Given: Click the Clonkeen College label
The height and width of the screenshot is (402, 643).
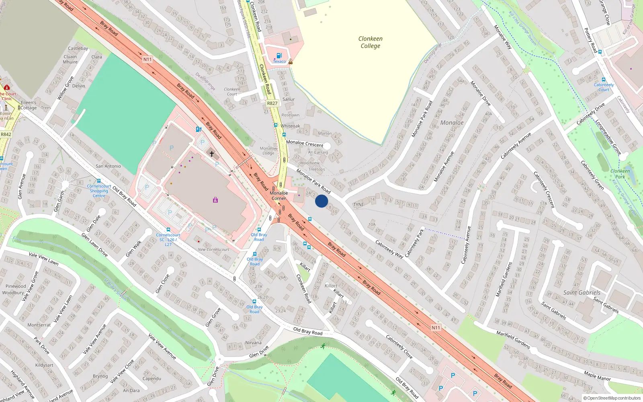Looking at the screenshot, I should pos(370,42).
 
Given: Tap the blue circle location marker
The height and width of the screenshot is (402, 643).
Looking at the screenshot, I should pos(321,201).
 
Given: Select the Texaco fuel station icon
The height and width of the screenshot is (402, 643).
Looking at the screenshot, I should pos(278,55).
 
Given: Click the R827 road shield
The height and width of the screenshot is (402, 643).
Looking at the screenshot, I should pos(272,103).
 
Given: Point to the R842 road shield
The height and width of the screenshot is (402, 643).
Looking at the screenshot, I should pos(6,134).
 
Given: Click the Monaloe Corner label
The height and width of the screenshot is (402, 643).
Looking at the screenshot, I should pos(278,196).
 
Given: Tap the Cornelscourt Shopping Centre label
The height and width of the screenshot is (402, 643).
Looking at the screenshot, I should pos(99,191).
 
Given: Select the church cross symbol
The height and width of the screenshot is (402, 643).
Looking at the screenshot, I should pos(212,154).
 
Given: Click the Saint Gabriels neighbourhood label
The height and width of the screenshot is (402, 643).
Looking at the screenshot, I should pos(582,293).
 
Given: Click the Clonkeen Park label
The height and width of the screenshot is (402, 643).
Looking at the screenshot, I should pos(620,174).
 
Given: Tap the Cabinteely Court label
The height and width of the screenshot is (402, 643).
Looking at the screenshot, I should pos(604,87).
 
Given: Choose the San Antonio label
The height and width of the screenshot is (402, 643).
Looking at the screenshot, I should pos(108,166).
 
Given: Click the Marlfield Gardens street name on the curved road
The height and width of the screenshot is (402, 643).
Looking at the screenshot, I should pos(513,340).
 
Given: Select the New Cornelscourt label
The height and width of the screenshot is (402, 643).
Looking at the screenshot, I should pos(213,249).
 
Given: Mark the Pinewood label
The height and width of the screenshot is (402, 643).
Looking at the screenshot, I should pos(16,286).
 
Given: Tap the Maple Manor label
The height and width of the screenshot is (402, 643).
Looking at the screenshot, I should pos(597,376).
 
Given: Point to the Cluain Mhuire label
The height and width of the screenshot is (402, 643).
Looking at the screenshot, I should pos(70,59).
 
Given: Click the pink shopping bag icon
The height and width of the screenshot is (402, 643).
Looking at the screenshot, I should pos(215,200).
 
